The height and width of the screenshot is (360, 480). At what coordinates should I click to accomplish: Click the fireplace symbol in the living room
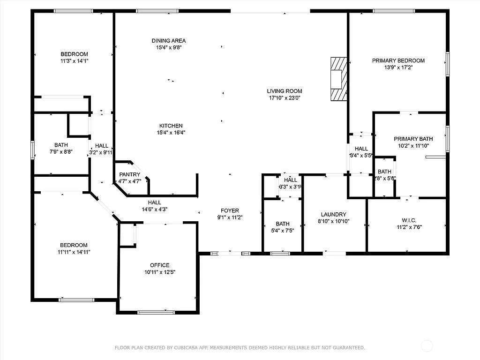coord(338,79)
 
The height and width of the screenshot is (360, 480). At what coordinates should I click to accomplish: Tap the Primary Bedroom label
coord(398,60)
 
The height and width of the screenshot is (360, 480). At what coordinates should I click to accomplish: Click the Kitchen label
coord(171,126)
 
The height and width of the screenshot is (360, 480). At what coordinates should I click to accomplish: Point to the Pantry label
coord(129,174)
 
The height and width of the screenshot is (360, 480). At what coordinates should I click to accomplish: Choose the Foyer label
coord(230,211)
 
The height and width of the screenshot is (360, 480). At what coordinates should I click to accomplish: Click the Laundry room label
coord(333,214)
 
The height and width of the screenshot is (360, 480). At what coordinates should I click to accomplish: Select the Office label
coord(159,265)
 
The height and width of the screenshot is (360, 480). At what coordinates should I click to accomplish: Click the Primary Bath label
coord(413,139)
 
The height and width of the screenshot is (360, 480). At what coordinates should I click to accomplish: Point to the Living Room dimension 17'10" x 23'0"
coord(285,98)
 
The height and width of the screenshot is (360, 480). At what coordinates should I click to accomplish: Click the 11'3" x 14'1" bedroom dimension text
coord(74,60)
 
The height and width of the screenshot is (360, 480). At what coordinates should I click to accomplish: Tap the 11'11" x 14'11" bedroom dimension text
coord(74,252)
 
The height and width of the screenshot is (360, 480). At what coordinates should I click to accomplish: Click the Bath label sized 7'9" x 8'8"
coord(61,145)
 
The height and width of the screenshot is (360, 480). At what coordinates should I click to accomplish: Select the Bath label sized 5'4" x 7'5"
coord(282,224)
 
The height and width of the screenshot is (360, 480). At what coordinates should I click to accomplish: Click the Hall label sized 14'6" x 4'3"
coord(155,202)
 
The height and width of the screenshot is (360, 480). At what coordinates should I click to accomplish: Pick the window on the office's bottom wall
coord(156,312)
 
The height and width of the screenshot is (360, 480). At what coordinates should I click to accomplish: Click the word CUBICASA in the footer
coord(185,348)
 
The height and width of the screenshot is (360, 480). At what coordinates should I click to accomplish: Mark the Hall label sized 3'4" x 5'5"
coord(361,149)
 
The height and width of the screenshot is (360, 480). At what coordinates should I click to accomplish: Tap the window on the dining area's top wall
coord(157,11)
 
